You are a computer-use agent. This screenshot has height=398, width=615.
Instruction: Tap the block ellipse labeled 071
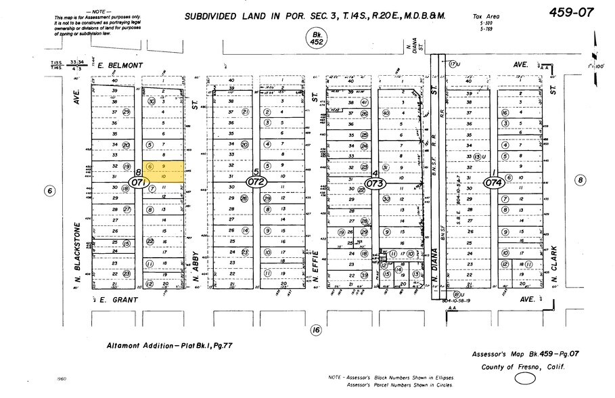tap(139, 182)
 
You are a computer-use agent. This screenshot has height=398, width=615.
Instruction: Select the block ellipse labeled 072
tap(257, 182)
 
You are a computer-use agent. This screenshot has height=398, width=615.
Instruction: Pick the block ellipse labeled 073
tap(375, 183)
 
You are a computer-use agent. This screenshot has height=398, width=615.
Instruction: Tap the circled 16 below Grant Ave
tap(315, 330)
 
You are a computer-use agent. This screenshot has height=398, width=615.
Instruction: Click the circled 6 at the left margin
tap(49, 191)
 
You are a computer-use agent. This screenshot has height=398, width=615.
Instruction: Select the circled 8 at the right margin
tap(579, 179)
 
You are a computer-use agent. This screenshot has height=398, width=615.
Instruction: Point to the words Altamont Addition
tap(136, 346)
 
